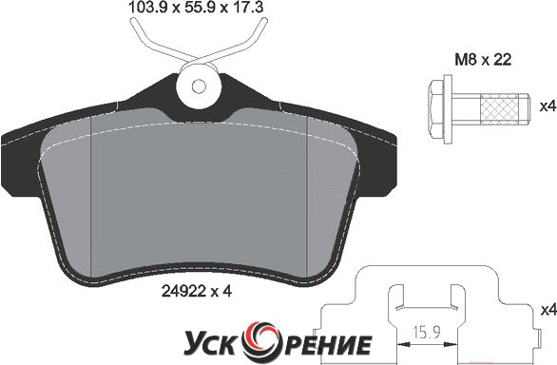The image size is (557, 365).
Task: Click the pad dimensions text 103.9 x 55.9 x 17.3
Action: click(196, 7)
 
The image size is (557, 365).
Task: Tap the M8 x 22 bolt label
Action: click(483, 60)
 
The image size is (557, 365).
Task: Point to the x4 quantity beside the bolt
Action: click(547, 106)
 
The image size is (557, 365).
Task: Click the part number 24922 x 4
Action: click(197, 292)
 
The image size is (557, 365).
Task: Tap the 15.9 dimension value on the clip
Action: click(426, 333)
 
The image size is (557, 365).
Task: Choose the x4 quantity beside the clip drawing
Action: click(547, 311)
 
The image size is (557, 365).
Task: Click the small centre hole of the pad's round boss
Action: click(199, 86)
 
